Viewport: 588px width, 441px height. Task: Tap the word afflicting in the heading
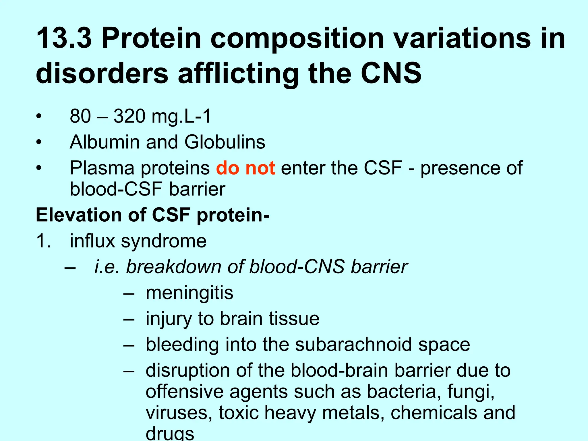pos(238,74)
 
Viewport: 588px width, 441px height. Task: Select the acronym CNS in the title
pos(391,73)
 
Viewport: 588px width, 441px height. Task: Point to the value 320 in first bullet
pos(130,117)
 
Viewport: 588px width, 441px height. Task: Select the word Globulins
pos(225,142)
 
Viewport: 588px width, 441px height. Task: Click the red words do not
pos(245,168)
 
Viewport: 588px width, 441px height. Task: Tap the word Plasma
pos(102,169)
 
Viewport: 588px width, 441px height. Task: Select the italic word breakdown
pos(173,267)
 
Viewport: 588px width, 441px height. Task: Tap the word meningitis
pos(189,293)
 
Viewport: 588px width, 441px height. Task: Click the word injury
pos(168,319)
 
